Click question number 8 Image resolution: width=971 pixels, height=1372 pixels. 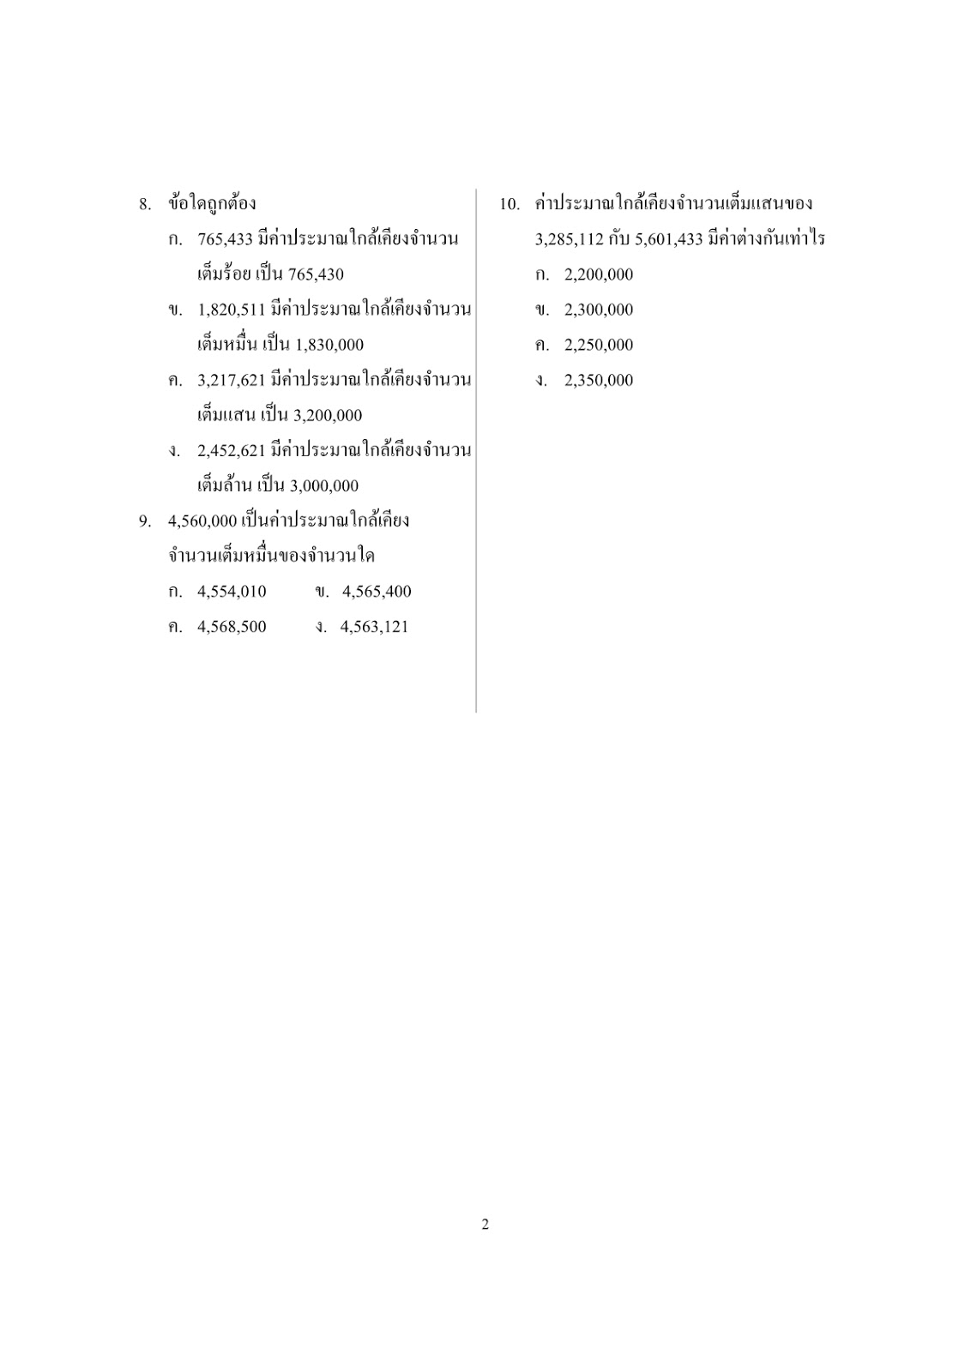[145, 204]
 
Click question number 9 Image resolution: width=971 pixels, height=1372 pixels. [145, 521]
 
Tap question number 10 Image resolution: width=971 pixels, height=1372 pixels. [510, 204]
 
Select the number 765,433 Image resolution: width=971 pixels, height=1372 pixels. [225, 239]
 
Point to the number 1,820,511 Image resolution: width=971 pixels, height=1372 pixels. [231, 310]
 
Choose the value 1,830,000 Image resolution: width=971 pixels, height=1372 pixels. [329, 345]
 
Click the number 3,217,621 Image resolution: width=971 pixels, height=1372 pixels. [231, 380]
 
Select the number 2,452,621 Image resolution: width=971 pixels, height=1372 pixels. [231, 451]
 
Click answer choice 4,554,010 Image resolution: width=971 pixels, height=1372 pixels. [232, 592]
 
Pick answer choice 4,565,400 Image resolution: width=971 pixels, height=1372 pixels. [377, 592]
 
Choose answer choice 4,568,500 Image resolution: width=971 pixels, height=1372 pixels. [232, 627]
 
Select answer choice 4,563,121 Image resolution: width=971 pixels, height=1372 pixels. [374, 627]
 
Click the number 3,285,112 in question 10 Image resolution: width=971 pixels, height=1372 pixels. [569, 239]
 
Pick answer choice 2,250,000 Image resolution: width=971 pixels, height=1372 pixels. [598, 345]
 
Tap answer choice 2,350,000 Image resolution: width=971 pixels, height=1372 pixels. [598, 380]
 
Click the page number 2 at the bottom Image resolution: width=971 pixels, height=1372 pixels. [485, 1225]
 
